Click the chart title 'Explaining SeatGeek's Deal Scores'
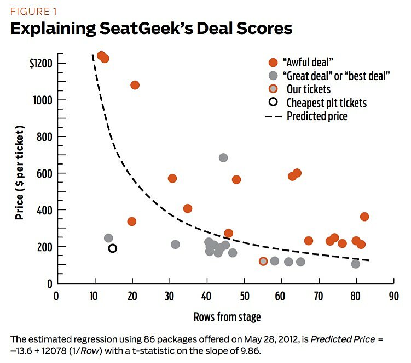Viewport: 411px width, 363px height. (x=151, y=29)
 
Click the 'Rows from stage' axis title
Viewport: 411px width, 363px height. (x=227, y=316)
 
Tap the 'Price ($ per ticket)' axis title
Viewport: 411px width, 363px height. (x=20, y=172)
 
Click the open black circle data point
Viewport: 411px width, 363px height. (x=113, y=248)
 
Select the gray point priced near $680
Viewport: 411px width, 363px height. (x=223, y=157)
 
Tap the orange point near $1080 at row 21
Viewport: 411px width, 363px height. (x=135, y=85)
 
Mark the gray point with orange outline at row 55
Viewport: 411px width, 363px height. (x=263, y=261)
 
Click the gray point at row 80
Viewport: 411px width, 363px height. (x=356, y=264)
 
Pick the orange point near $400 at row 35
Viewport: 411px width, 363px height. (x=188, y=208)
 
